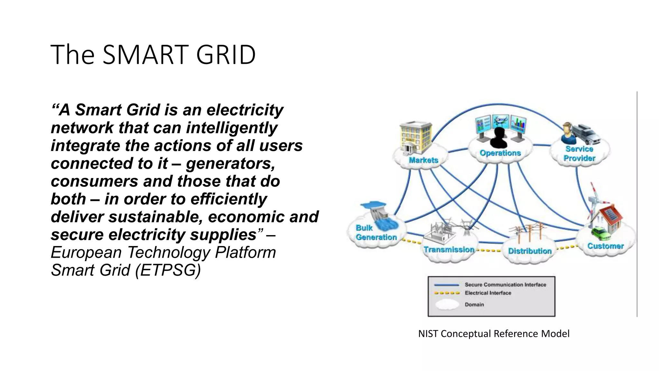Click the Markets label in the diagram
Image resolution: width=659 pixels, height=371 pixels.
pyautogui.click(x=423, y=160)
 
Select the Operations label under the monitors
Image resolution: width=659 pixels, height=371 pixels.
pyautogui.click(x=500, y=153)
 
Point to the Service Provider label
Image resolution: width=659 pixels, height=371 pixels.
pyautogui.click(x=579, y=154)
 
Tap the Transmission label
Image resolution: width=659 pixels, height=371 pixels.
pyautogui.click(x=449, y=250)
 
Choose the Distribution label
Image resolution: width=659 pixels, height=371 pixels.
pyautogui.click(x=530, y=251)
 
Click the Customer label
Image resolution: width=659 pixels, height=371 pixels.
pyautogui.click(x=605, y=246)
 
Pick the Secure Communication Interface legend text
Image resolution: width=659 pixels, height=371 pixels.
pyautogui.click(x=505, y=285)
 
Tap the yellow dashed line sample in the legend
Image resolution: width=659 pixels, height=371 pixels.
pyautogui.click(x=447, y=293)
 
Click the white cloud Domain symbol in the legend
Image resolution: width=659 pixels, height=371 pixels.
pyautogui.click(x=447, y=304)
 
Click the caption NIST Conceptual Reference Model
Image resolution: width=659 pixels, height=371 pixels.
pyautogui.click(x=494, y=334)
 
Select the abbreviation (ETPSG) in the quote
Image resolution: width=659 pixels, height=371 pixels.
pyautogui.click(x=168, y=270)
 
